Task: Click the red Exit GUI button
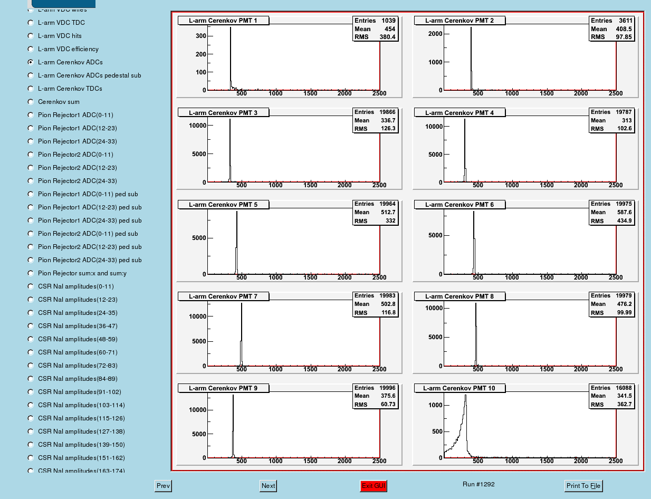point(374,485)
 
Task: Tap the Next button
point(268,485)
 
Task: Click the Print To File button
point(583,485)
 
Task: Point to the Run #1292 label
point(478,484)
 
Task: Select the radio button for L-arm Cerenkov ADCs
point(31,62)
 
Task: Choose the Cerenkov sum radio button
point(31,102)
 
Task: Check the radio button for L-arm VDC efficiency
point(31,49)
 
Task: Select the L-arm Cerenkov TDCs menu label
point(70,89)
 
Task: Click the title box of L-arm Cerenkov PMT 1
point(223,21)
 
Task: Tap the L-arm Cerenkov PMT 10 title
point(459,388)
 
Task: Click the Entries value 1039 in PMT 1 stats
point(388,21)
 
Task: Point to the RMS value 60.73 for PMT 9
point(388,405)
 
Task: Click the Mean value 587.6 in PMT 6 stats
point(624,212)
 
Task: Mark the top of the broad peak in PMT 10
point(465,395)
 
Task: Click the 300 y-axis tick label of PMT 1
point(200,36)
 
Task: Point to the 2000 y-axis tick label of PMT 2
point(435,34)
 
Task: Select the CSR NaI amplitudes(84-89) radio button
point(31,379)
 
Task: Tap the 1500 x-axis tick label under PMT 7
point(310,369)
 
